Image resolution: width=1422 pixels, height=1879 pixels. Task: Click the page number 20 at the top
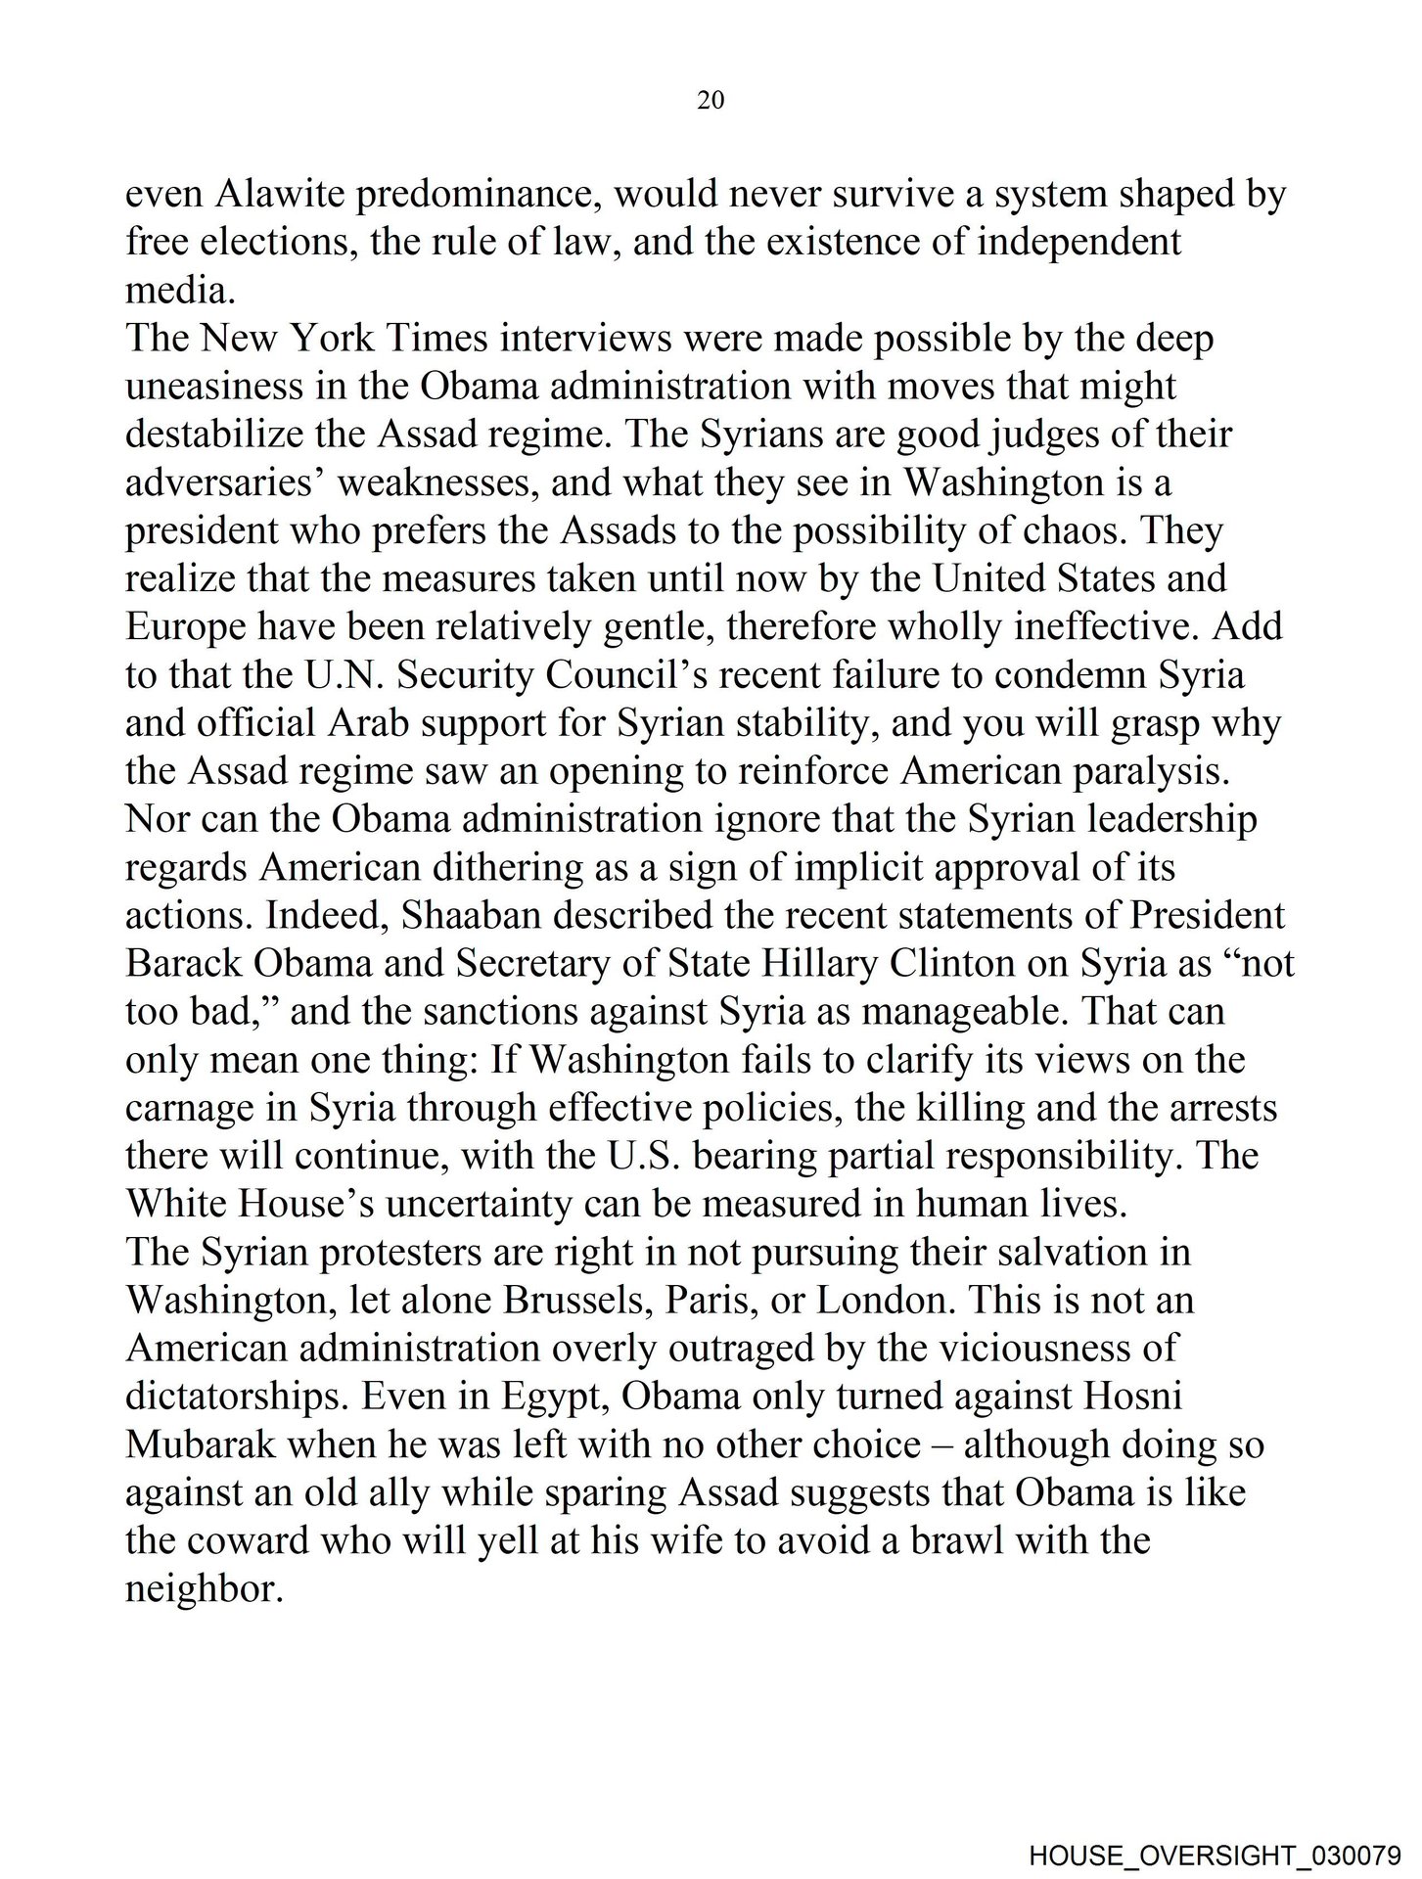(x=711, y=100)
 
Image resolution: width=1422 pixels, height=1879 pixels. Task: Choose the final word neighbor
(x=204, y=1589)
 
